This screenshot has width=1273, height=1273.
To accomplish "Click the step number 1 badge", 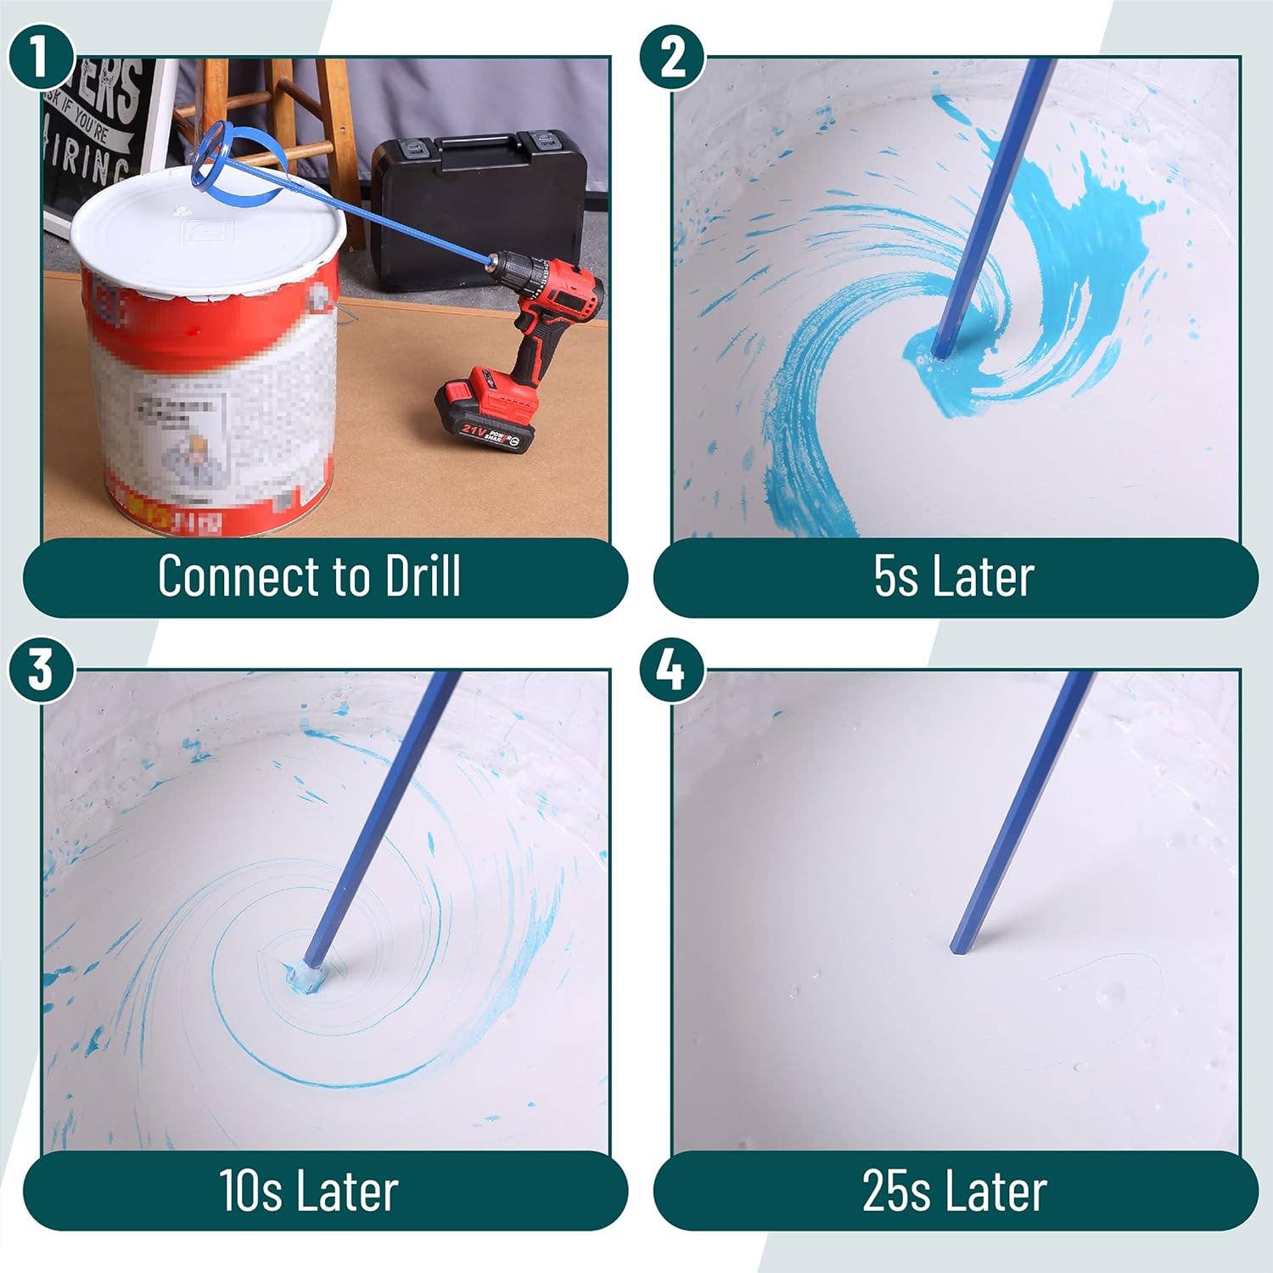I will pyautogui.click(x=39, y=55).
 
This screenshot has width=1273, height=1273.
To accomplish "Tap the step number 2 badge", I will pyautogui.click(x=672, y=55).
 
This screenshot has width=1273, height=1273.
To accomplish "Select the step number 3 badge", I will pyautogui.click(x=40, y=670).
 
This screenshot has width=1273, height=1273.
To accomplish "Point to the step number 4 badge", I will pyautogui.click(x=671, y=670).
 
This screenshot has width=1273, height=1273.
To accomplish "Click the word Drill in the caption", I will pyautogui.click(x=423, y=576).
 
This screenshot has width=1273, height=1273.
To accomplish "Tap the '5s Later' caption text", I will pyautogui.click(x=954, y=577).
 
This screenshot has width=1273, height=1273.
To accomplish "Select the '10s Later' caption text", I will pyautogui.click(x=309, y=1190).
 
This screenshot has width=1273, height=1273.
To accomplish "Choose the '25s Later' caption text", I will pyautogui.click(x=954, y=1190).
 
